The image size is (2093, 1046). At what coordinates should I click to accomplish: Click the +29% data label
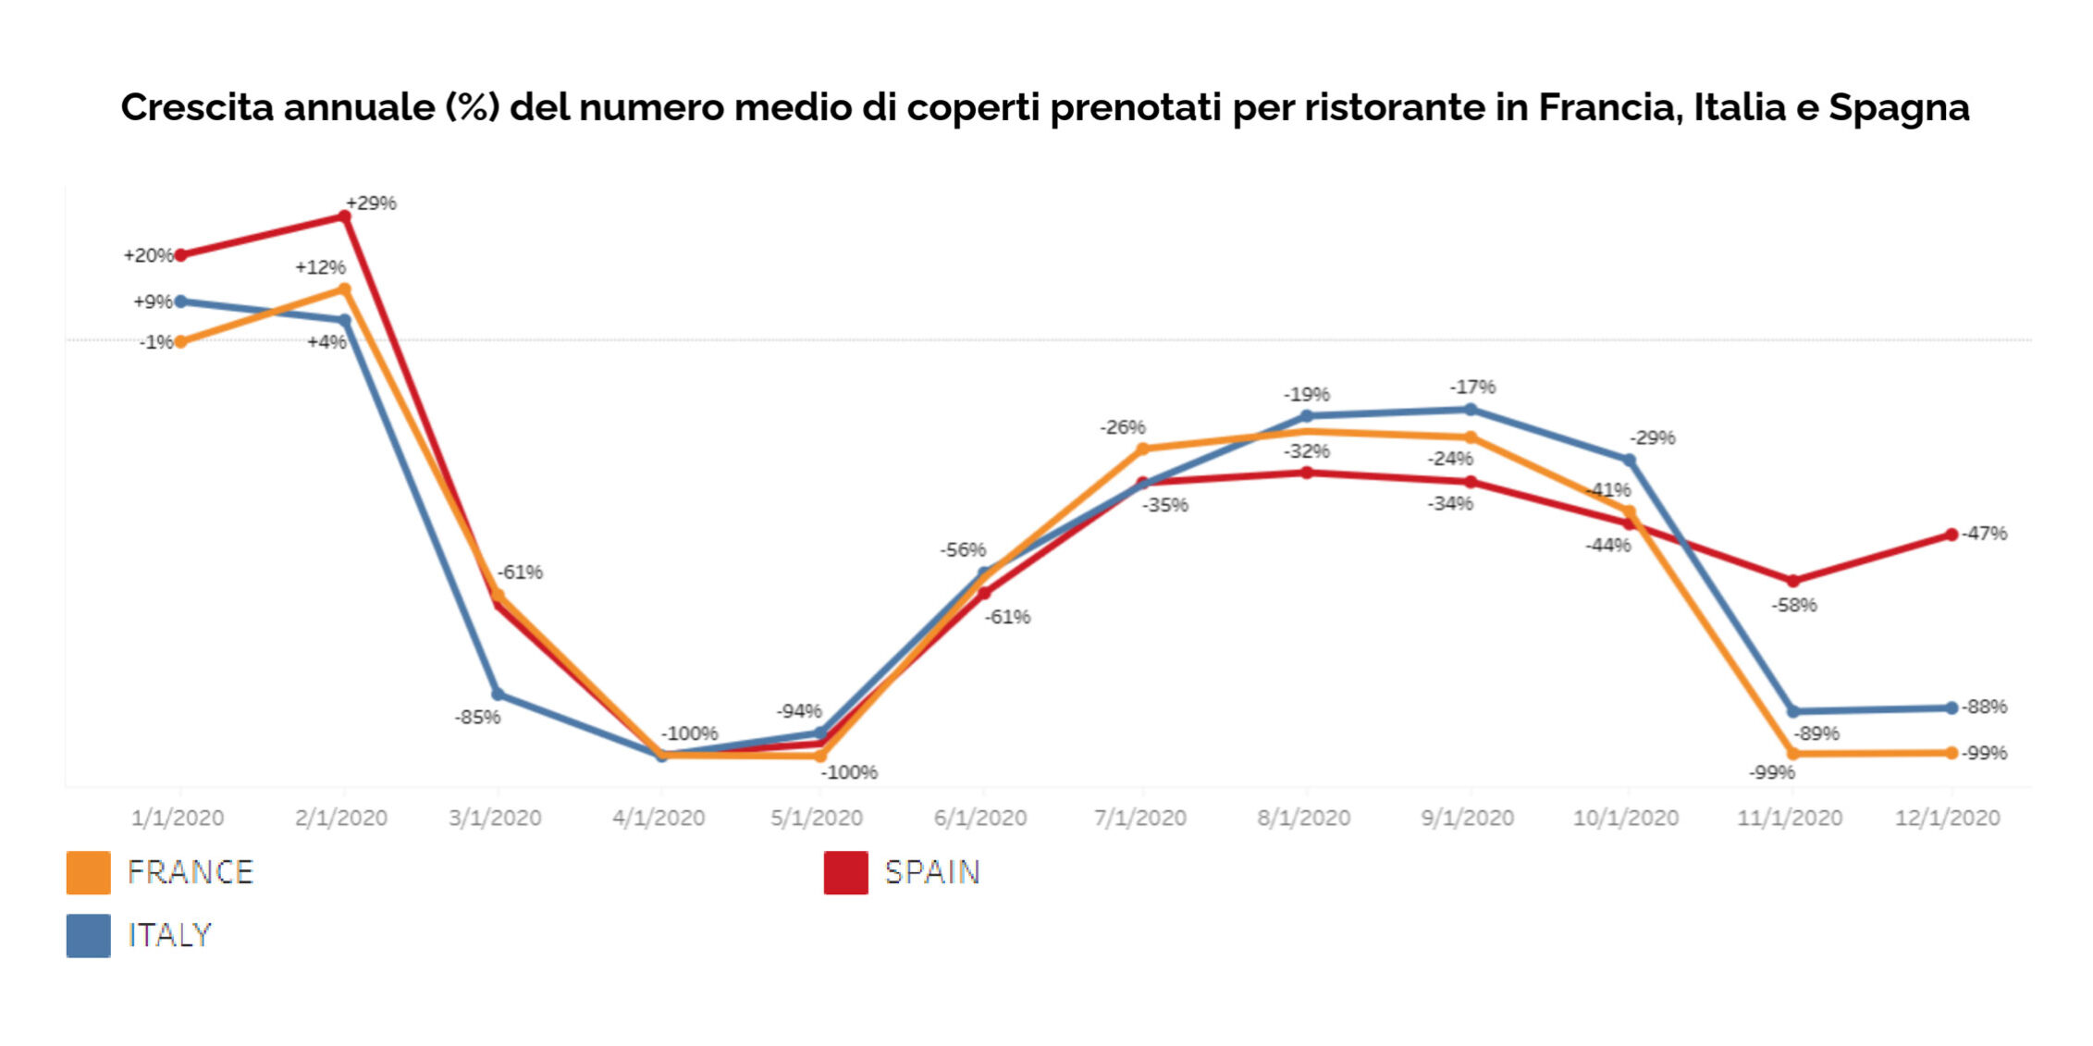tap(371, 203)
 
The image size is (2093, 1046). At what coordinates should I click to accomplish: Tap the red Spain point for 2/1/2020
tap(345, 216)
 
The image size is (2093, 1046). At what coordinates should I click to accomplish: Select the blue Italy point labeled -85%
tap(498, 694)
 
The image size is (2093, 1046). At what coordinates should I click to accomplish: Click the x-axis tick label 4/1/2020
tap(659, 818)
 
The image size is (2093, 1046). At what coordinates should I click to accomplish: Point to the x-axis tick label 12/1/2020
tap(1947, 818)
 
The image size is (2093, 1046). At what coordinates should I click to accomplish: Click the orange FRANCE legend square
tap(88, 872)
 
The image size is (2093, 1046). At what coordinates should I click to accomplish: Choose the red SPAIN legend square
tap(845, 872)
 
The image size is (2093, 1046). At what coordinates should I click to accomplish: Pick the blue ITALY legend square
tap(88, 935)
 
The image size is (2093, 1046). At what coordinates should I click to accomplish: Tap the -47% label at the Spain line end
tap(1984, 533)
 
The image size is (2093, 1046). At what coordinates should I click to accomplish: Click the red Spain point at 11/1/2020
tap(1793, 581)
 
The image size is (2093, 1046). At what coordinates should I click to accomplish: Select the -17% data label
tap(1472, 387)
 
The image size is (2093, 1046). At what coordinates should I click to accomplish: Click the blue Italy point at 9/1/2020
tap(1471, 409)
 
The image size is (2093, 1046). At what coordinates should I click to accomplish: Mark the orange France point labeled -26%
tap(1142, 449)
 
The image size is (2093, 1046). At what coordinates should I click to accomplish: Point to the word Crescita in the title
tap(196, 107)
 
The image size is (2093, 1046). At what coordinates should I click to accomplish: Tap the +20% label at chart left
tap(148, 255)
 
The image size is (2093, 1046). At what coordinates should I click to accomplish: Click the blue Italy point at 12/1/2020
tap(1951, 708)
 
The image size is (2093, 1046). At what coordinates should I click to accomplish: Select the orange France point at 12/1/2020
tap(1951, 753)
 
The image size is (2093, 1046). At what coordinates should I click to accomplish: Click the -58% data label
tap(1794, 605)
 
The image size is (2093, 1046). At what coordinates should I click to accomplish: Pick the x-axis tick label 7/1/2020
tap(1139, 818)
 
